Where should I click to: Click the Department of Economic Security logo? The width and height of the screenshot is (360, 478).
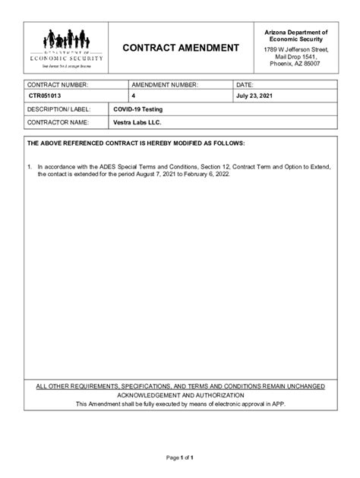point(65,47)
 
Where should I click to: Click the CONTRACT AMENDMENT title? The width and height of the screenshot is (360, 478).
point(181,48)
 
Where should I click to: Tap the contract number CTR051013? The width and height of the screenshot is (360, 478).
point(47,96)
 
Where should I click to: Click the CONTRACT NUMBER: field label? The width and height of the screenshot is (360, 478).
point(58,84)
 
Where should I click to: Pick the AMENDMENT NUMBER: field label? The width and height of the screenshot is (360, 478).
point(164,84)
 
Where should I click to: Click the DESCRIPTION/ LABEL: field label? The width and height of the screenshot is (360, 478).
point(59,109)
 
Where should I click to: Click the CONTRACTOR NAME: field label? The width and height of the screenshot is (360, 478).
point(58,121)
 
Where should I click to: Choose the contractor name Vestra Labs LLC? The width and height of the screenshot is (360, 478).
point(137,121)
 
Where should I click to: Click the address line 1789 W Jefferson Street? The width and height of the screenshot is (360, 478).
point(295,49)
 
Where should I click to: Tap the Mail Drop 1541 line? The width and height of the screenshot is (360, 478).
point(296,56)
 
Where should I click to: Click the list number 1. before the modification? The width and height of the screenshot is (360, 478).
point(29,165)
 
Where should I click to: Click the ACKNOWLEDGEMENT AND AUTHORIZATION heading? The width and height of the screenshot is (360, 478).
point(180,395)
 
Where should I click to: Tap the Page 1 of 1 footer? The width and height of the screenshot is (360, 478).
point(180,458)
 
